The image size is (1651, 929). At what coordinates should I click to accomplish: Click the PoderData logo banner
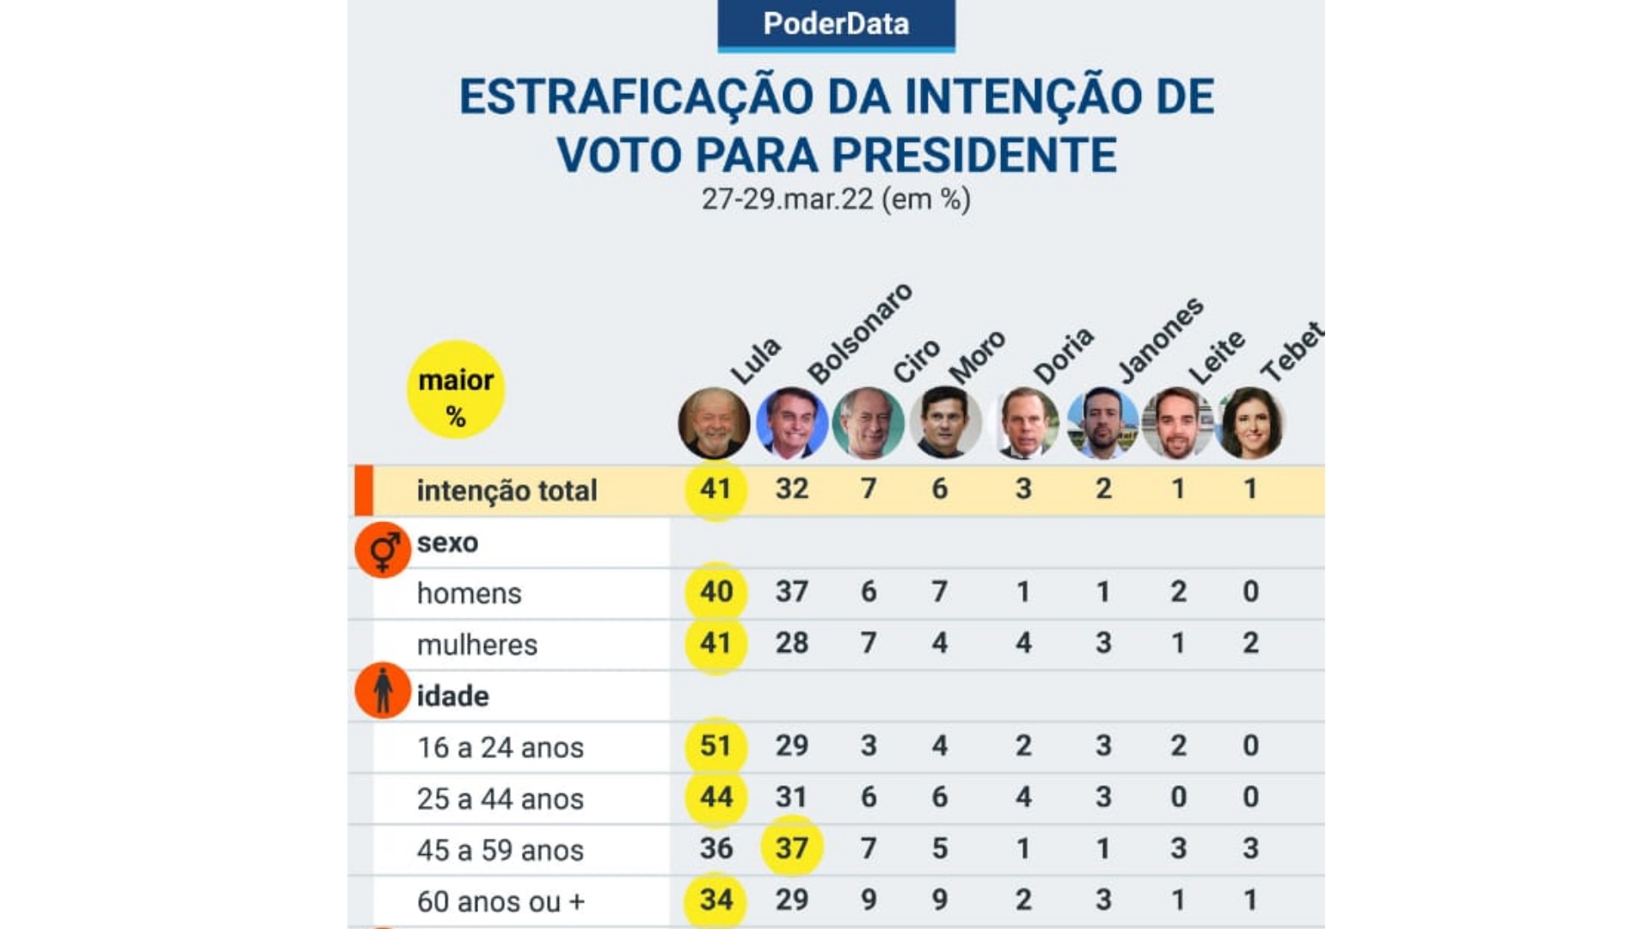point(836,24)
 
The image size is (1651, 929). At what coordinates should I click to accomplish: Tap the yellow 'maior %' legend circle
point(456,390)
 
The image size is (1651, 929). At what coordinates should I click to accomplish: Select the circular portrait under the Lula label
point(714,423)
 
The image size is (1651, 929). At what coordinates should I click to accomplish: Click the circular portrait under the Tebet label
point(1251,423)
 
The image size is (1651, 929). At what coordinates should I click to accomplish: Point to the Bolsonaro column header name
point(859,334)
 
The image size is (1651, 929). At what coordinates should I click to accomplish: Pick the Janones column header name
point(1160,341)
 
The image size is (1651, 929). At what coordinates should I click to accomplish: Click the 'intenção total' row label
point(506,490)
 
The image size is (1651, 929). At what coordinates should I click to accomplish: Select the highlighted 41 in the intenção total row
point(715,489)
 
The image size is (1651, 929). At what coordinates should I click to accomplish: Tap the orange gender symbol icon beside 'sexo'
point(383,550)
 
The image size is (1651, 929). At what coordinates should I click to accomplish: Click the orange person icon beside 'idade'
point(383,690)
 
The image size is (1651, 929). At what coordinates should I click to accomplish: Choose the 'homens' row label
point(470,594)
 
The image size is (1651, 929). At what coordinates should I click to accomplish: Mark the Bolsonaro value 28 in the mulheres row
point(792,643)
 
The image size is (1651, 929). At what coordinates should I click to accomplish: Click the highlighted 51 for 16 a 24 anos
point(715,746)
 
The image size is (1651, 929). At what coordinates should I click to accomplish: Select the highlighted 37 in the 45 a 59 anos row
point(792,848)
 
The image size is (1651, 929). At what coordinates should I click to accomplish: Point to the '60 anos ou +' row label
point(500,901)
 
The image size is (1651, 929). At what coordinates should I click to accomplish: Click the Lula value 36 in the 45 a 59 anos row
point(715,848)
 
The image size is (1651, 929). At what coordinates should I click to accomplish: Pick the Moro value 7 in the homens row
point(940,592)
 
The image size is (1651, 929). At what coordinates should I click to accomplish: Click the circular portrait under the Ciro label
point(868,423)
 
